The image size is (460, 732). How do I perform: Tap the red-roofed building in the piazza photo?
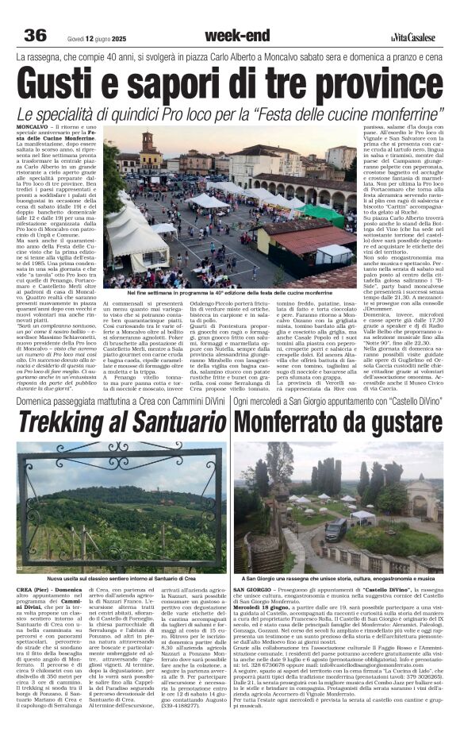click(x=314, y=238)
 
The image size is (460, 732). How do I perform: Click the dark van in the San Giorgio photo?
click(x=335, y=528)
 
